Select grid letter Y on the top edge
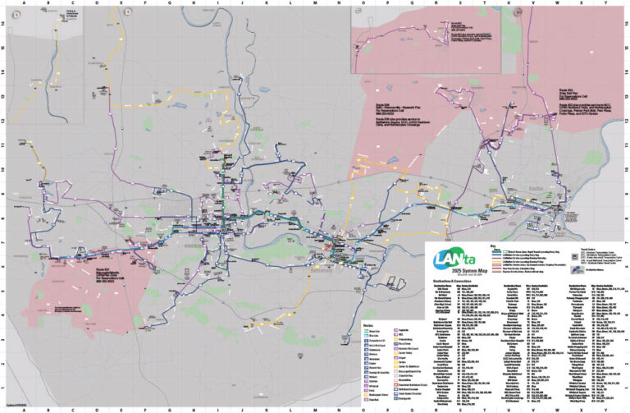coord(605,3)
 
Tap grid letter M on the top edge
coord(314,3)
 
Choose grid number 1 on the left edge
coord(4,389)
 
